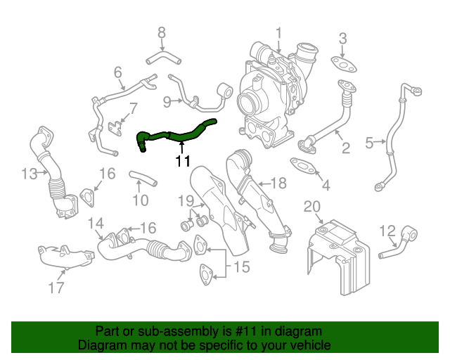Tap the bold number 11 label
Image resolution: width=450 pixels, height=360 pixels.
183,162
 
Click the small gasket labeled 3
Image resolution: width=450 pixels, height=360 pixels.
343,63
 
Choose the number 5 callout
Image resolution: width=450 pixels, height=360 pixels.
369,143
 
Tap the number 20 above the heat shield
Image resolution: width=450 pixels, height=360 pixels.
311,205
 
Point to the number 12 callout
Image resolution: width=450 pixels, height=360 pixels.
387,230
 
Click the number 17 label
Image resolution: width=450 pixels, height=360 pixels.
56,287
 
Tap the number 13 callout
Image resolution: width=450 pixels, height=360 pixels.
29,174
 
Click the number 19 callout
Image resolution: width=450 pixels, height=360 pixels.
185,202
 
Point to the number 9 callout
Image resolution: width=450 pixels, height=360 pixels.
167,103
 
